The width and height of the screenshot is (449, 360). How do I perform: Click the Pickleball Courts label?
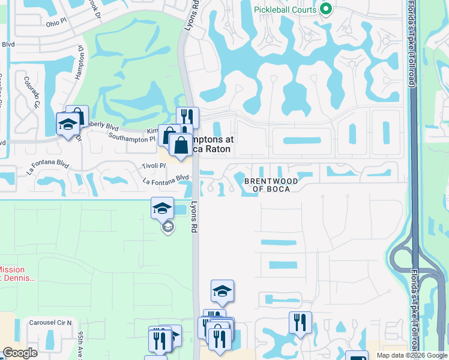[x=285, y=9]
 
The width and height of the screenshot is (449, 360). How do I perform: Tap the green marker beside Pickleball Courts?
[x=327, y=8]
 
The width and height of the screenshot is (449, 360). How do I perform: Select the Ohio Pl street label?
[x=58, y=23]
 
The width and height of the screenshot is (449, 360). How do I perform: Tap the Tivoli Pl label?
[x=154, y=165]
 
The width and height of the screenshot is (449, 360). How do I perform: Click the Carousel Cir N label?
[x=50, y=323]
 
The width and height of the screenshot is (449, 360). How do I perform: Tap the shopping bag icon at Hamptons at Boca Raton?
[x=180, y=145]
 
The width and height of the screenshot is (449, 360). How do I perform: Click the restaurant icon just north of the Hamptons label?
[x=187, y=117]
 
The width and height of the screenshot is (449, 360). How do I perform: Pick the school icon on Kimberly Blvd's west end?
[x=67, y=124]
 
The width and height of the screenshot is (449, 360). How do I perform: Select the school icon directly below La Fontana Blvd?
[x=162, y=208]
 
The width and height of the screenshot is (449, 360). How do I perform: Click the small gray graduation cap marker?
[x=168, y=227]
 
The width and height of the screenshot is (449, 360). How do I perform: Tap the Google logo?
[x=20, y=353]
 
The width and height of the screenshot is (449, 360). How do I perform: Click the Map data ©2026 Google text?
[x=411, y=355]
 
